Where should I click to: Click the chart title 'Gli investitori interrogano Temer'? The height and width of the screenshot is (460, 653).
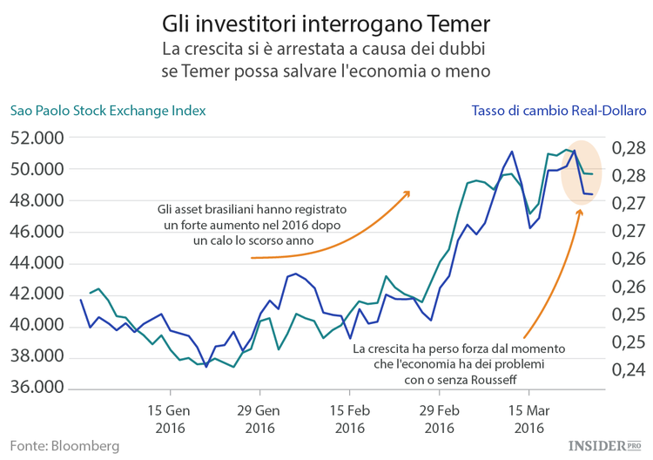point(326,20)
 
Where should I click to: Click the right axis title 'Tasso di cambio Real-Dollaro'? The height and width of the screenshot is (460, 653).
point(558,111)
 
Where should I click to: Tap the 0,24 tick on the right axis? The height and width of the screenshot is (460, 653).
point(626,369)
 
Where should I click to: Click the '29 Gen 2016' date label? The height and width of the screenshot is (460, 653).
point(259,418)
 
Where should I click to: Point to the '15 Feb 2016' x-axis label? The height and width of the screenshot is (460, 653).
point(349,418)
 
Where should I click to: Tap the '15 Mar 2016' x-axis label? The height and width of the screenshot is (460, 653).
point(528,418)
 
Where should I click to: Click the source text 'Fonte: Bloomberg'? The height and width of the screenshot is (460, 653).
point(64,445)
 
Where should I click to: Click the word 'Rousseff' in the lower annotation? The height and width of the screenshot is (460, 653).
point(496,380)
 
